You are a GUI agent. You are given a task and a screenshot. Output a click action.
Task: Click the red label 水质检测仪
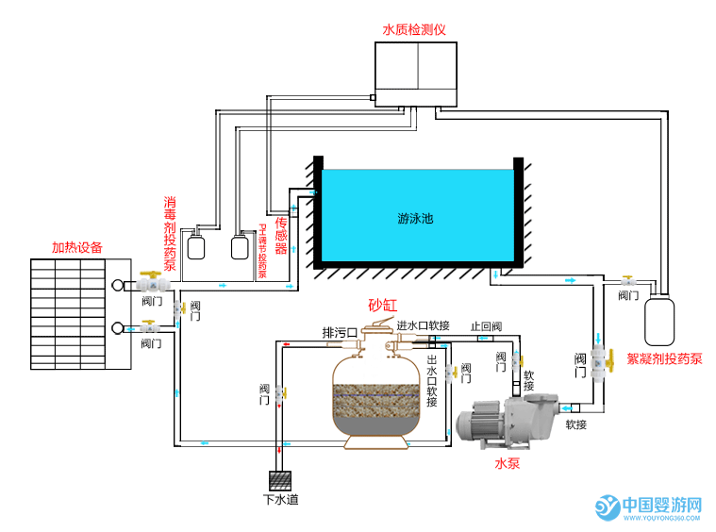(413, 29)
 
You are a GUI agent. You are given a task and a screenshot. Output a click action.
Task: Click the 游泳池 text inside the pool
(415, 219)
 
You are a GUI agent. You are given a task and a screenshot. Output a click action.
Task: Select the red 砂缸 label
(383, 306)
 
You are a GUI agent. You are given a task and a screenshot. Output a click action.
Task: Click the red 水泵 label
(508, 463)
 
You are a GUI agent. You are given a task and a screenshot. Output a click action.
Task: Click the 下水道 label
(280, 499)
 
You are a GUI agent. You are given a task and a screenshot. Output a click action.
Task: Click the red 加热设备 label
(77, 248)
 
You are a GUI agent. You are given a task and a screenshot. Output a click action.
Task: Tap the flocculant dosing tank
(660, 321)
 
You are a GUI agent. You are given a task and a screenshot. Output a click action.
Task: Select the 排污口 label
(339, 333)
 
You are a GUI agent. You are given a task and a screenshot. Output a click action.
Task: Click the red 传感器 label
(280, 236)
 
